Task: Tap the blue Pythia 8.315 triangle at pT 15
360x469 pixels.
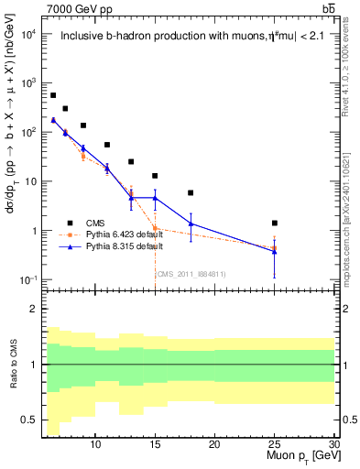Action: (x=155, y=198)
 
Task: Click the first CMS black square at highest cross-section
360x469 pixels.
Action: (x=53, y=95)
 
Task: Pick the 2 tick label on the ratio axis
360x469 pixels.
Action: (x=36, y=309)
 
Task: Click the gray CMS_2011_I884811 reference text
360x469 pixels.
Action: (x=191, y=274)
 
